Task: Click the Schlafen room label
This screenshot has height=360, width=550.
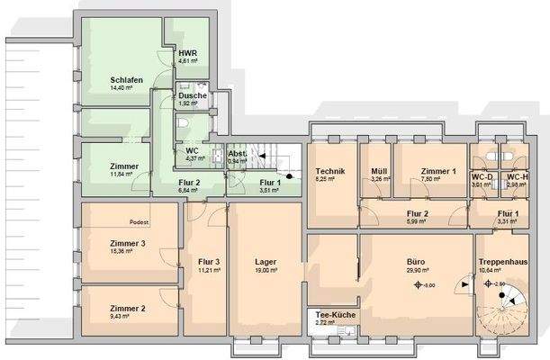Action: [x=126, y=80]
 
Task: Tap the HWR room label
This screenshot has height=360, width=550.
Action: [x=187, y=54]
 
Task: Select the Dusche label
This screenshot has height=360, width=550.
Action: [x=192, y=95]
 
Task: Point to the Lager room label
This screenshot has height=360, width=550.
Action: [x=266, y=261]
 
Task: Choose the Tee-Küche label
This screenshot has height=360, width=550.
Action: [x=331, y=315]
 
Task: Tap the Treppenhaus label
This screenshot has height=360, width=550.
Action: [x=502, y=261]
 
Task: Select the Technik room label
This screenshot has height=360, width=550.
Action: [x=330, y=171]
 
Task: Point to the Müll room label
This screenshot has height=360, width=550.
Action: [x=379, y=171]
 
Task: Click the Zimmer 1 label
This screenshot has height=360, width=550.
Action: [x=438, y=171]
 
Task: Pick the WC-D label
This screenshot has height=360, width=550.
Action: [x=482, y=176]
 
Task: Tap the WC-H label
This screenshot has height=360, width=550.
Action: [x=518, y=176]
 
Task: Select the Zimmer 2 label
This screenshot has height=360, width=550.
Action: [x=127, y=308]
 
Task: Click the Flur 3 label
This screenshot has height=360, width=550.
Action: [x=209, y=261]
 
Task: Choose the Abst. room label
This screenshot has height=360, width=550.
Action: [x=238, y=154]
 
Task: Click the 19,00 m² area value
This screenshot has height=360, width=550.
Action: [x=266, y=269]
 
